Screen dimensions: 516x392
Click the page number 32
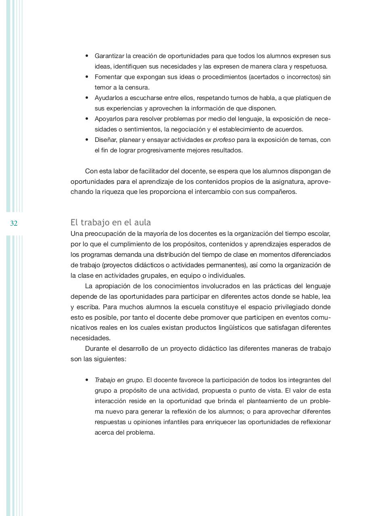(x=14, y=223)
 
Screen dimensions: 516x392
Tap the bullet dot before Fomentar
(x=87, y=77)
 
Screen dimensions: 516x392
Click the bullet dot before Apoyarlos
(x=87, y=119)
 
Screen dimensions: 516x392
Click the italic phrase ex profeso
(x=220, y=140)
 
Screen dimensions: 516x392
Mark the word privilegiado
(x=296, y=307)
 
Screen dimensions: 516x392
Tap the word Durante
(x=97, y=349)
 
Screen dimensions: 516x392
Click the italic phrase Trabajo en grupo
(x=119, y=380)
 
